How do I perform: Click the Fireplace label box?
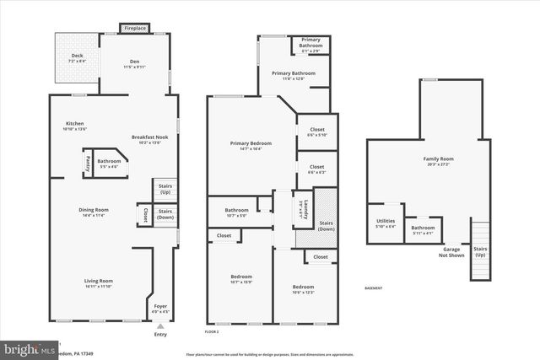(135, 29)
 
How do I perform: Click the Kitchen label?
(76, 126)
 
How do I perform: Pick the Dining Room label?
(94, 212)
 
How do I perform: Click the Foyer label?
(159, 309)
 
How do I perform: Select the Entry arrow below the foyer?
(160, 325)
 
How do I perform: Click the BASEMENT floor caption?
(374, 288)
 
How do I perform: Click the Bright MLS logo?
(25, 348)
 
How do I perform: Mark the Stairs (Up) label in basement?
(480, 252)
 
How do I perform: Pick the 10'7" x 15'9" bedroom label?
(241, 279)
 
